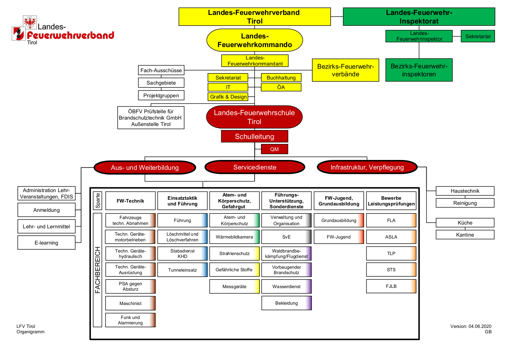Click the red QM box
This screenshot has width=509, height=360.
tap(274, 149)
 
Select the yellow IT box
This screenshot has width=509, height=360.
tap(228, 87)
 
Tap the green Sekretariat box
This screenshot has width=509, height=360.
tap(478, 36)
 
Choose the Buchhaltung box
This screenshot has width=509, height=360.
tap(281, 78)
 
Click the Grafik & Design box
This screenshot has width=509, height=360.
tap(228, 97)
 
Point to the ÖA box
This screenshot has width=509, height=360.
tap(281, 87)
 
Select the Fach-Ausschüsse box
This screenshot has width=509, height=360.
tap(161, 70)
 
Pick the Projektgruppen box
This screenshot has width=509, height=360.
tap(161, 95)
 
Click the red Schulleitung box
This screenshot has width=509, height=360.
tap(255, 136)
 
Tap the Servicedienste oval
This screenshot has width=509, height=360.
tap(255, 167)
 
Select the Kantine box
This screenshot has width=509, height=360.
tap(465, 235)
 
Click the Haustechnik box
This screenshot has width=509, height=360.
tap(465, 191)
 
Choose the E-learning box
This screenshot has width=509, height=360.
tap(46, 243)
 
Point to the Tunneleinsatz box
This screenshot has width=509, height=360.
tap(182, 270)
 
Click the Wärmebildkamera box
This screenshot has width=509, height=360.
tap(234, 237)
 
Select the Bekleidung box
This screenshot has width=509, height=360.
tap(286, 303)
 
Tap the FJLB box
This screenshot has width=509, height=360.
tap(391, 286)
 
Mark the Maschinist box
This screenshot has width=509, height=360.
tap(130, 303)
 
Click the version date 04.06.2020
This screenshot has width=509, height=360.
tap(480, 326)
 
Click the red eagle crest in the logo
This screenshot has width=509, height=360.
tap(30, 22)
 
